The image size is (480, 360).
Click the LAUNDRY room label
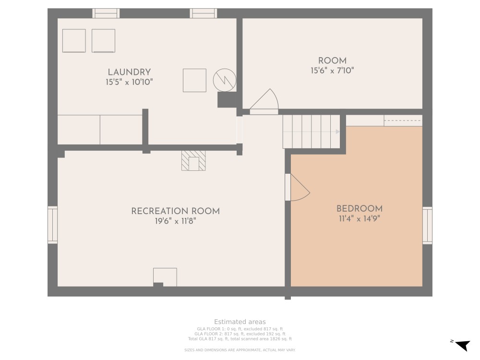click(x=129, y=72)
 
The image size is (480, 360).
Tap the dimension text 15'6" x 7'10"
click(x=332, y=71)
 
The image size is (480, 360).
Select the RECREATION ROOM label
click(x=175, y=211)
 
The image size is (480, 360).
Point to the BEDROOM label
click(x=360, y=209)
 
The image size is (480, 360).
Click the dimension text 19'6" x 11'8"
click(x=175, y=221)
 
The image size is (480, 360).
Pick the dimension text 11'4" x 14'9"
click(x=360, y=218)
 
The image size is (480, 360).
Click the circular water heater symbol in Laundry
click(x=224, y=80)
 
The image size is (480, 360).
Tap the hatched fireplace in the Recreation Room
click(x=193, y=161)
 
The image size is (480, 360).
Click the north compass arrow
click(x=463, y=345)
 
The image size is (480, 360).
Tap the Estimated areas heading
click(x=240, y=322)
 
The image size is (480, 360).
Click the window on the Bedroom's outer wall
click(x=427, y=226)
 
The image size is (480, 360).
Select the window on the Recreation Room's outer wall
click(x=53, y=225)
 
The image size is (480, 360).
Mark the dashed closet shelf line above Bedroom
click(x=403, y=120)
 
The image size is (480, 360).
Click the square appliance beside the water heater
click(x=194, y=80)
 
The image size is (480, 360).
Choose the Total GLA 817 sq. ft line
click(x=240, y=339)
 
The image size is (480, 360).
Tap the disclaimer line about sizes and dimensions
click(x=240, y=350)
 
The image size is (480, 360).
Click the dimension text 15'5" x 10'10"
click(x=129, y=82)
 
